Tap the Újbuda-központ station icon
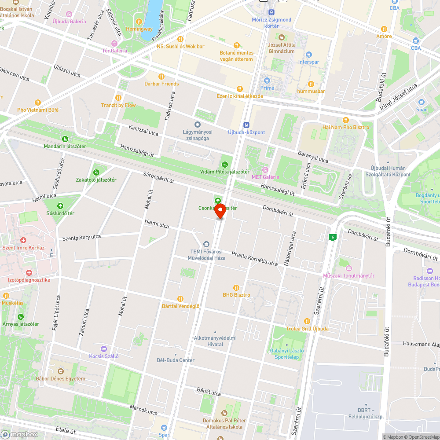(246, 125)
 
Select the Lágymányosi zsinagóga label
(198, 135)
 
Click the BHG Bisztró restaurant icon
(236, 287)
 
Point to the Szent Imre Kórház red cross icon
(23, 240)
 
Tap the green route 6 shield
(334, 238)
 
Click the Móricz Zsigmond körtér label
(271, 22)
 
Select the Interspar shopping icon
(308, 54)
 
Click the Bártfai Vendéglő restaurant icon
(180, 299)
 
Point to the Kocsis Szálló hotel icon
(104, 348)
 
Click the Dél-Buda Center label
(176, 360)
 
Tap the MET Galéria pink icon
(265, 170)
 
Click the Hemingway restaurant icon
(139, 21)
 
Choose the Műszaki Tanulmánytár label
(349, 275)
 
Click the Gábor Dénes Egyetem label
(60, 378)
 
